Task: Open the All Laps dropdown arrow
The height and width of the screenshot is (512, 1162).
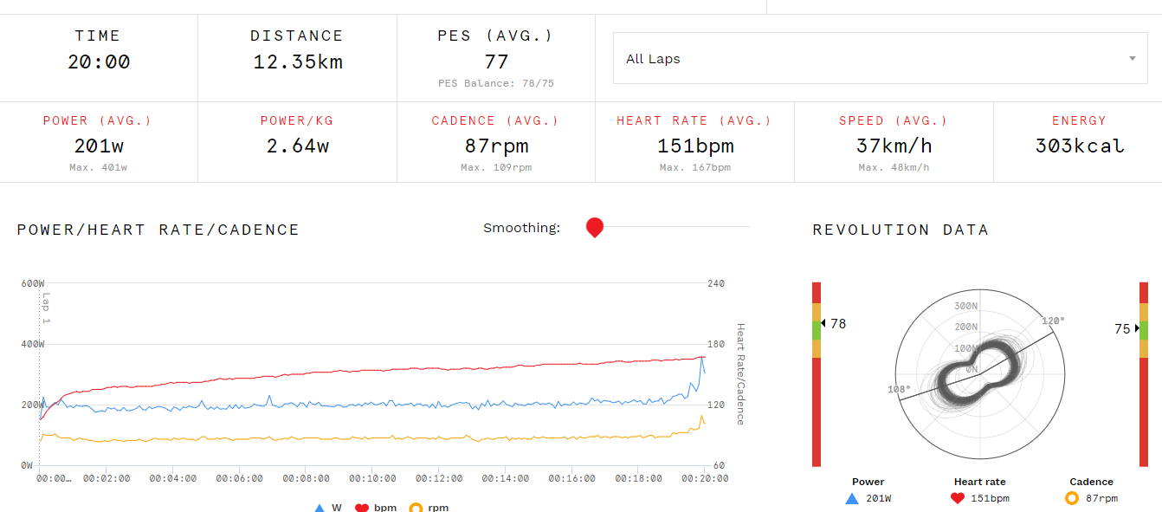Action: coord(1132,59)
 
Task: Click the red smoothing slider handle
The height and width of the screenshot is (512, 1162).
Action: coord(595,228)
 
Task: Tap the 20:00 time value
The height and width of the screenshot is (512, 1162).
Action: coord(99,62)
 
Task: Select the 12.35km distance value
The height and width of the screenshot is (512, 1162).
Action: coord(297,62)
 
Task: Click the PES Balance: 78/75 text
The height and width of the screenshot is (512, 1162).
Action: coord(496,83)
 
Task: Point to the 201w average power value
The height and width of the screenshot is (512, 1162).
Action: coord(99,146)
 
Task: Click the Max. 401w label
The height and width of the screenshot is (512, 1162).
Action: coord(99,167)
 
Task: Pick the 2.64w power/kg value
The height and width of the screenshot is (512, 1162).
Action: coord(297,146)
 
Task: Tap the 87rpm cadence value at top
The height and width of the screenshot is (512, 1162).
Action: coord(495,146)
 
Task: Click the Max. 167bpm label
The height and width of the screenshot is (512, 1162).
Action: coord(694,167)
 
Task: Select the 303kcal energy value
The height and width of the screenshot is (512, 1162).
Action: coord(1079,146)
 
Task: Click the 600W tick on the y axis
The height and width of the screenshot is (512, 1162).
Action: coord(33,283)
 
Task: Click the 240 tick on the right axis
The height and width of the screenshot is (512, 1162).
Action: coord(716,283)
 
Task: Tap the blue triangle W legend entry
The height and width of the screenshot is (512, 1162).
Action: coord(320,507)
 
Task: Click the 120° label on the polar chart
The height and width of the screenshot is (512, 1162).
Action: coord(1053,321)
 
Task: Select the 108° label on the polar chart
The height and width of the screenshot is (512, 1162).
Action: coord(900,389)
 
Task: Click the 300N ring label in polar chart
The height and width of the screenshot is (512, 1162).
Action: coord(965,306)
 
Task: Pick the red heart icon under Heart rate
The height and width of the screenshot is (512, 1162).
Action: coord(957,498)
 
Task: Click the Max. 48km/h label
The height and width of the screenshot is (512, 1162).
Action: coord(894,167)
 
